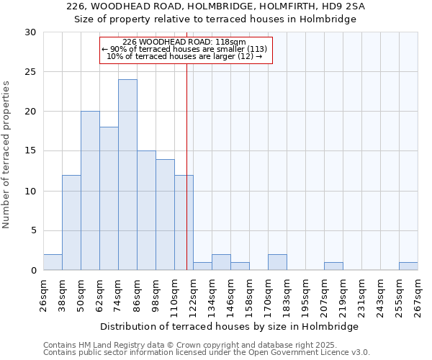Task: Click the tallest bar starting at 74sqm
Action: tap(127, 175)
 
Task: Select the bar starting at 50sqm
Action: tap(90, 191)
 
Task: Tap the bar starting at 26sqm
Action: tap(53, 262)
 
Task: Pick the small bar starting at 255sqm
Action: tap(408, 266)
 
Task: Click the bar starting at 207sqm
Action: tap(333, 266)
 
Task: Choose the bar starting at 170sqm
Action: tap(277, 262)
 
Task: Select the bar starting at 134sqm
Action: tap(221, 262)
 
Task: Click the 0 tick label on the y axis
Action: tap(33, 271)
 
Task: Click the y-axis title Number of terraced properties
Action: tap(7, 155)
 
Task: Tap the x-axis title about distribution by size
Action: tap(229, 326)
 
